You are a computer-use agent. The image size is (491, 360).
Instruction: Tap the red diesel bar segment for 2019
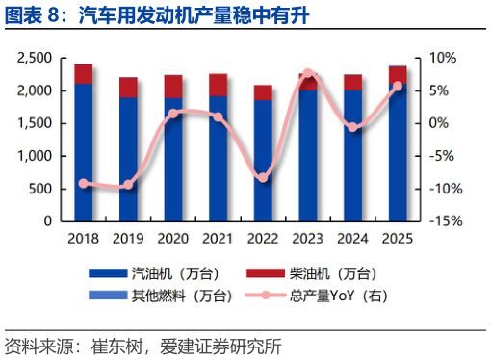pos(128,88)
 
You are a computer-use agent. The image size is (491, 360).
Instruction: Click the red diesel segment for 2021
pos(219,85)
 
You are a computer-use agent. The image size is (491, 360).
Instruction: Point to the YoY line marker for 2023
pos(307,73)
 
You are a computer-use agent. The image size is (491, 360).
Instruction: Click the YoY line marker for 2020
pos(173,114)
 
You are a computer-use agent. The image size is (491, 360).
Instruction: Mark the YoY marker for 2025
pos(398,86)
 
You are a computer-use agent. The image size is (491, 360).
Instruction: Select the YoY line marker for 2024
pos(352,127)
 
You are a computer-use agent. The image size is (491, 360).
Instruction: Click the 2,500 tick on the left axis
pos(33,58)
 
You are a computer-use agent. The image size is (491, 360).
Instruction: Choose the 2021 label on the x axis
pos(219,237)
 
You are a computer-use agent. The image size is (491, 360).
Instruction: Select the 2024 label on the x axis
pos(352,237)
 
